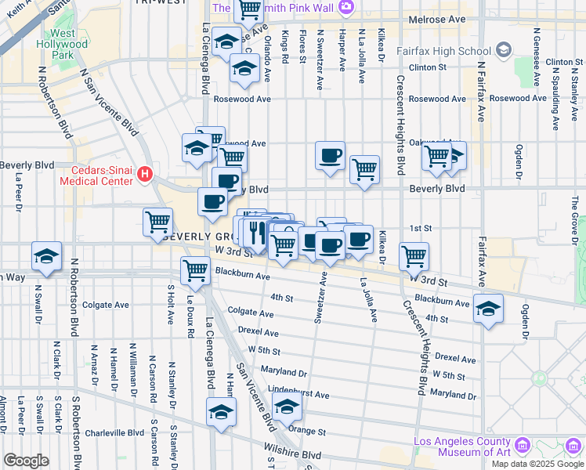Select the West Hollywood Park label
pos(62,45)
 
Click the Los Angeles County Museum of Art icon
pos(523,446)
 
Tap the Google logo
pos(26,461)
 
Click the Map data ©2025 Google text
pos(537,464)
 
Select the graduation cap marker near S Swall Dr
pos(47,257)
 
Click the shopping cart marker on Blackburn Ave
pos(195,271)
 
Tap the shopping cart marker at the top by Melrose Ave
pos(249,10)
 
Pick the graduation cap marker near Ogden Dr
pos(488,309)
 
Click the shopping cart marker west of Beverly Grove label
pos(158,222)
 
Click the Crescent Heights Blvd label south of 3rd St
pos(414,345)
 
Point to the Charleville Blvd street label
pos(116,432)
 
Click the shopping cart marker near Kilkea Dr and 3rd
pos(413,255)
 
